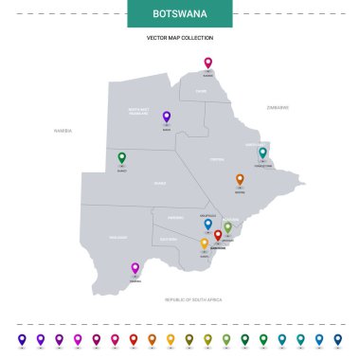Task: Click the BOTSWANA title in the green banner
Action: click(x=179, y=14)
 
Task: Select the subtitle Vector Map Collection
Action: click(x=179, y=38)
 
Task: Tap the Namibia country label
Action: click(x=63, y=130)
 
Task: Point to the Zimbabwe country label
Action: click(x=278, y=108)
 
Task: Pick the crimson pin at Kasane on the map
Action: click(x=208, y=63)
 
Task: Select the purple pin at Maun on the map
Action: click(x=166, y=117)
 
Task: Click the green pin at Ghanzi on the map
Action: click(x=121, y=158)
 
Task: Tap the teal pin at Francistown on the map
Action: click(x=263, y=153)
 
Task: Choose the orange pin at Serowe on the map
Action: click(x=240, y=179)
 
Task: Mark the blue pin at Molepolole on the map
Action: click(x=207, y=225)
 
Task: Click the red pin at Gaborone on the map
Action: click(x=218, y=235)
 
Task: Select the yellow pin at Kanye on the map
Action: click(x=204, y=243)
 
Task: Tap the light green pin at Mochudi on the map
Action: click(x=227, y=227)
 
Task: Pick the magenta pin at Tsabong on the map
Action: click(x=135, y=268)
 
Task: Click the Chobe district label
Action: click(x=201, y=91)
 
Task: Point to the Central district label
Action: click(x=217, y=160)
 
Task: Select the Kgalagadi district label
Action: click(x=118, y=237)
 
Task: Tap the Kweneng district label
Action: click(x=176, y=218)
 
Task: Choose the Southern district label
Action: click(x=171, y=240)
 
